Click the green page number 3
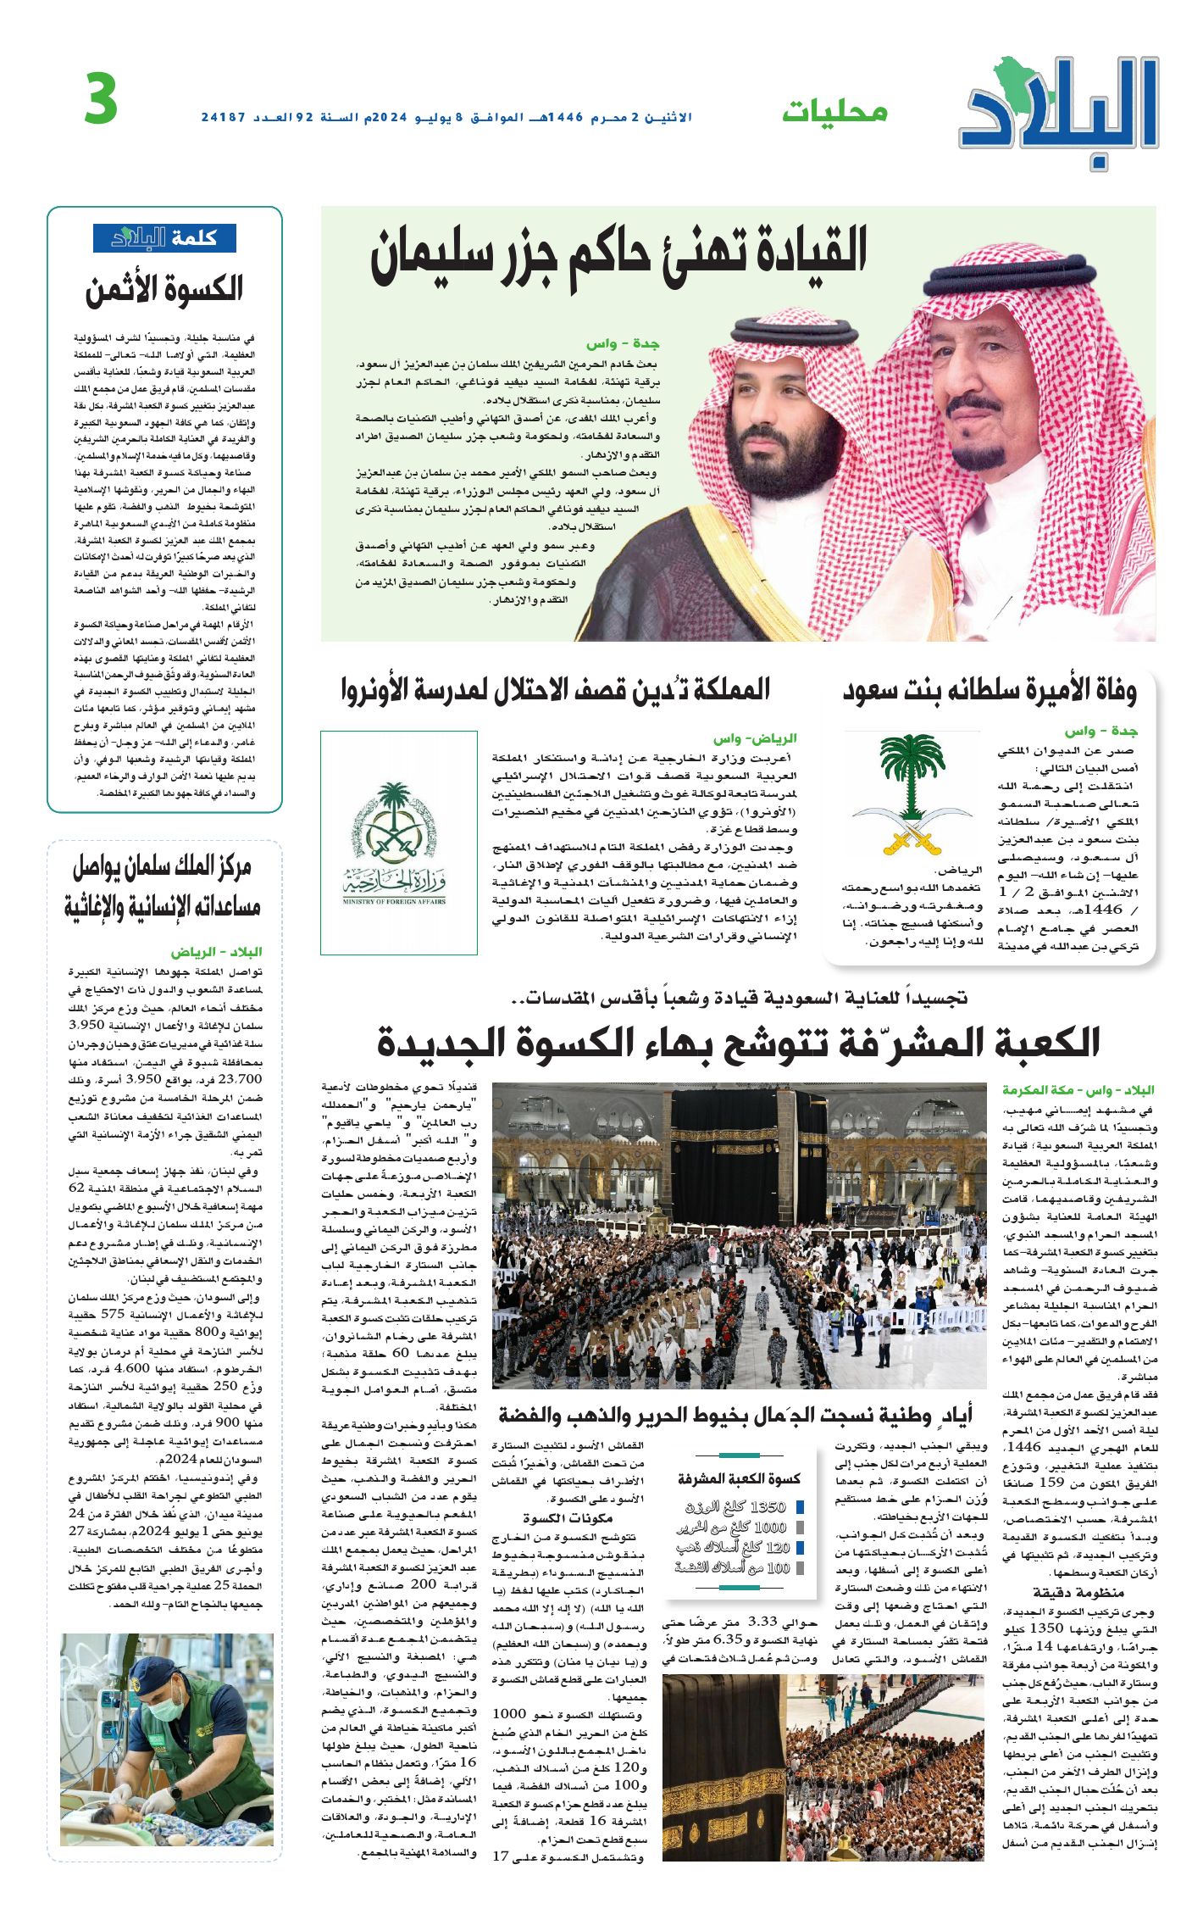click(x=101, y=99)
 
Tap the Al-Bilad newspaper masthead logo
click(x=1060, y=106)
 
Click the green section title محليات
click(x=834, y=112)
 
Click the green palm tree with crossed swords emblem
click(x=912, y=793)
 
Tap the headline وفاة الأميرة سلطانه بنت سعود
click(x=989, y=691)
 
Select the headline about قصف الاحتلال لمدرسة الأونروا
click(x=555, y=689)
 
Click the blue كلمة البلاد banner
click(x=164, y=238)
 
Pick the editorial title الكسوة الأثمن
click(x=164, y=289)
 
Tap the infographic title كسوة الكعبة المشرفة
click(x=739, y=1478)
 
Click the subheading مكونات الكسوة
click(x=567, y=1517)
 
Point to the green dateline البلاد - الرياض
click(x=216, y=952)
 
